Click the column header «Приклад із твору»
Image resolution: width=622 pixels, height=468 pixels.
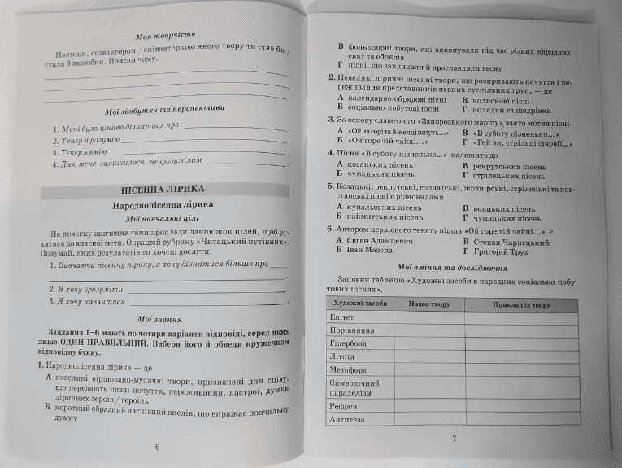(x=521, y=304)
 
